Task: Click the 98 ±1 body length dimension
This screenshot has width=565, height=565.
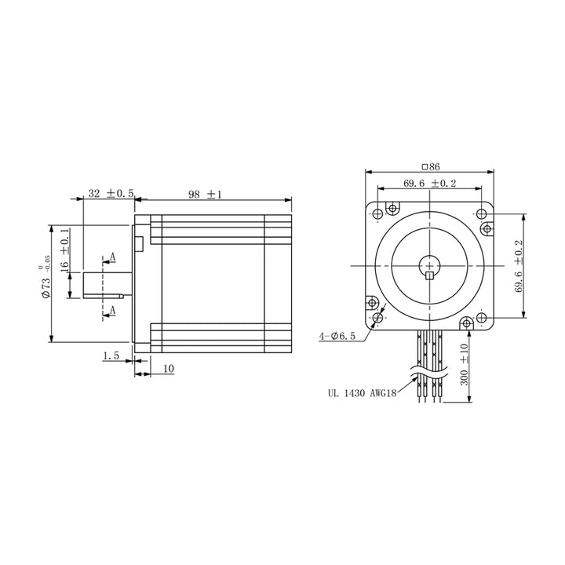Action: [205, 195]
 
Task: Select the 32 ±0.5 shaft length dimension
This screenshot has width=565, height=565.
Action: [111, 194]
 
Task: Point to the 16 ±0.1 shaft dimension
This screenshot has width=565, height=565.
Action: [64, 250]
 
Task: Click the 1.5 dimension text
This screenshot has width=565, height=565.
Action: [111, 355]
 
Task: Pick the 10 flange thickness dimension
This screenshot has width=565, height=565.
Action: [169, 369]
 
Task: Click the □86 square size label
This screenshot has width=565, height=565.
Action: [431, 166]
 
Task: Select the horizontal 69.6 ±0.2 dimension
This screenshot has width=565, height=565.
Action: [429, 184]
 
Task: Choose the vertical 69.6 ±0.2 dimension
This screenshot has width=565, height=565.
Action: [519, 266]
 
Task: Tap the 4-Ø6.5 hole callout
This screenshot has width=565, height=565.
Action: [337, 336]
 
